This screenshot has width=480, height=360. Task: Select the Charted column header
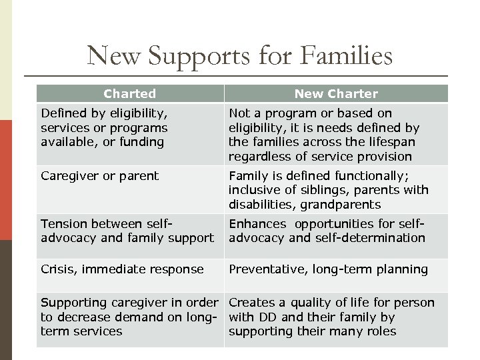tap(130, 94)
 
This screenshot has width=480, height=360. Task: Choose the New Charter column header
tap(336, 94)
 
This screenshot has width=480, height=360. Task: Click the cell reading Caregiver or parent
tap(100, 176)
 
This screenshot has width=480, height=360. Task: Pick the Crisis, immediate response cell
tap(123, 269)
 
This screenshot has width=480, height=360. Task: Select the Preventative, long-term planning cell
tap(329, 269)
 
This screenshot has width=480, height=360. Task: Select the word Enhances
tap(257, 223)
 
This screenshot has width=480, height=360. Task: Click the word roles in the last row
tap(381, 331)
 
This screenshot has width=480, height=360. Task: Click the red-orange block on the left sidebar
tap(6, 180)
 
